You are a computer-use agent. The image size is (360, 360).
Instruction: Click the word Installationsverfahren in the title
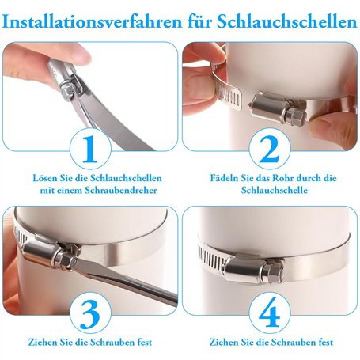pos(92,22)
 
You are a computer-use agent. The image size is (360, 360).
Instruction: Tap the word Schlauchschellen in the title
pos(287,22)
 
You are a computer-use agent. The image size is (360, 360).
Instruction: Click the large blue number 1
pos(90,149)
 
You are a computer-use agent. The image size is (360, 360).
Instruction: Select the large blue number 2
pos(269,149)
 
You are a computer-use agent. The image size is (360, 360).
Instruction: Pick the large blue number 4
pos(270,313)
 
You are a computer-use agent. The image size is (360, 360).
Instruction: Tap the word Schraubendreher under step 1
pos(121,190)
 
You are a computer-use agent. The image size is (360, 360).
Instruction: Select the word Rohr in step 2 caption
pos(283,178)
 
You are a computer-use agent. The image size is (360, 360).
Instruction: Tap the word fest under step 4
pos(326,343)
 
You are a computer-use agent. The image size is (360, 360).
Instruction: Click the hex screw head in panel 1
pos(66,91)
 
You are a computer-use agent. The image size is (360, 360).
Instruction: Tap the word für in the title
pos(199,22)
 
